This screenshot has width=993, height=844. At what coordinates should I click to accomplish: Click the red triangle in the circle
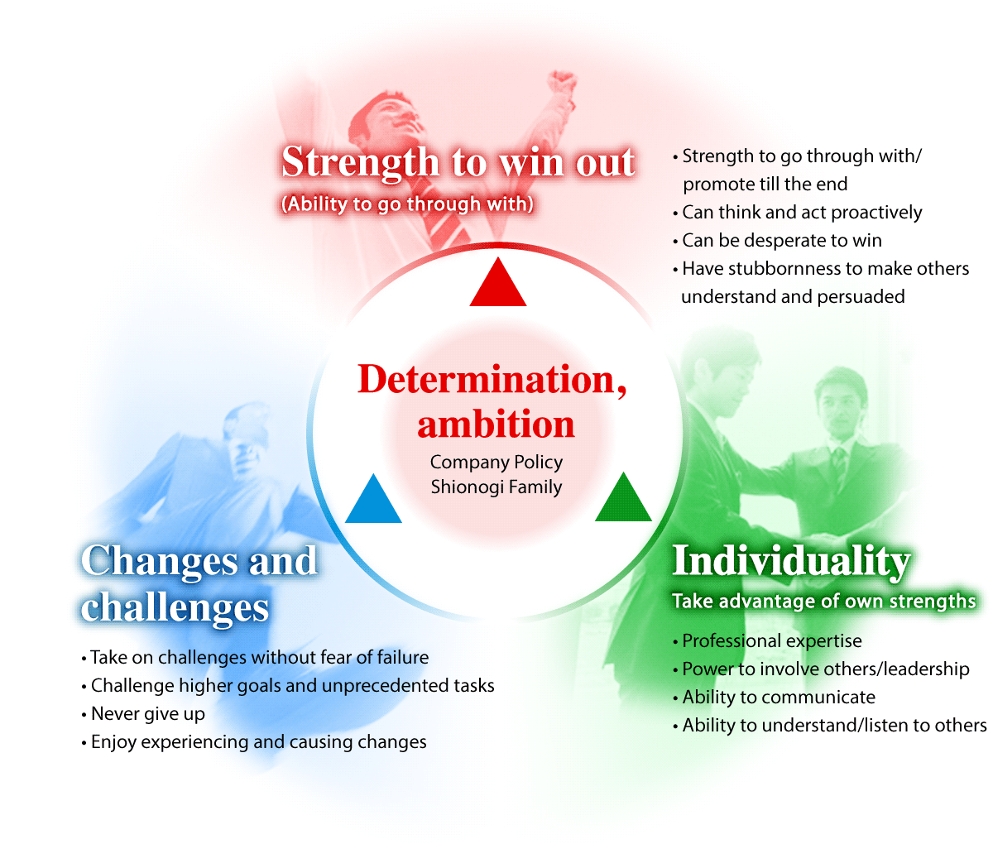pos(498,285)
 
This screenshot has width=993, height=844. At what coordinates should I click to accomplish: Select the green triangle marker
pos(624,500)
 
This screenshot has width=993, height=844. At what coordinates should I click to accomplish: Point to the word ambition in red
pos(496,424)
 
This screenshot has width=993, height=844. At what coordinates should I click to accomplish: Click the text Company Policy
pos(496,462)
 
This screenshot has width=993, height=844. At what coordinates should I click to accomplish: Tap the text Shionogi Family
pos(496,487)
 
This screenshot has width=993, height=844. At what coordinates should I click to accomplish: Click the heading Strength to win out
pos(458,163)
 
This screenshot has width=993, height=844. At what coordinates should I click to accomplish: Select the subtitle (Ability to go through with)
pos(407,204)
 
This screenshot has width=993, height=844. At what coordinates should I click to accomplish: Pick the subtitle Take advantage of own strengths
pos(824,601)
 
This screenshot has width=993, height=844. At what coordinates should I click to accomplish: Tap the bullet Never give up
pos(143,714)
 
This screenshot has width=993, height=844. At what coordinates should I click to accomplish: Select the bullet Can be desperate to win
pos(777,241)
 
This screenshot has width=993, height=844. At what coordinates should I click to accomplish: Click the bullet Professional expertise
pos(767,641)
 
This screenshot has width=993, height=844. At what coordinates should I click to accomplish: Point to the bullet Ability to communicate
pos(774,698)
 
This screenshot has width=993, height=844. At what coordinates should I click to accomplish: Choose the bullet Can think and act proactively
pos(798,213)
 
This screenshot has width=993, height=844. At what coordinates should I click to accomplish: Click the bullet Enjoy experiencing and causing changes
pos(254,742)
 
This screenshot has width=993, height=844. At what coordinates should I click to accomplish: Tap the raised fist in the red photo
pos(562,81)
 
